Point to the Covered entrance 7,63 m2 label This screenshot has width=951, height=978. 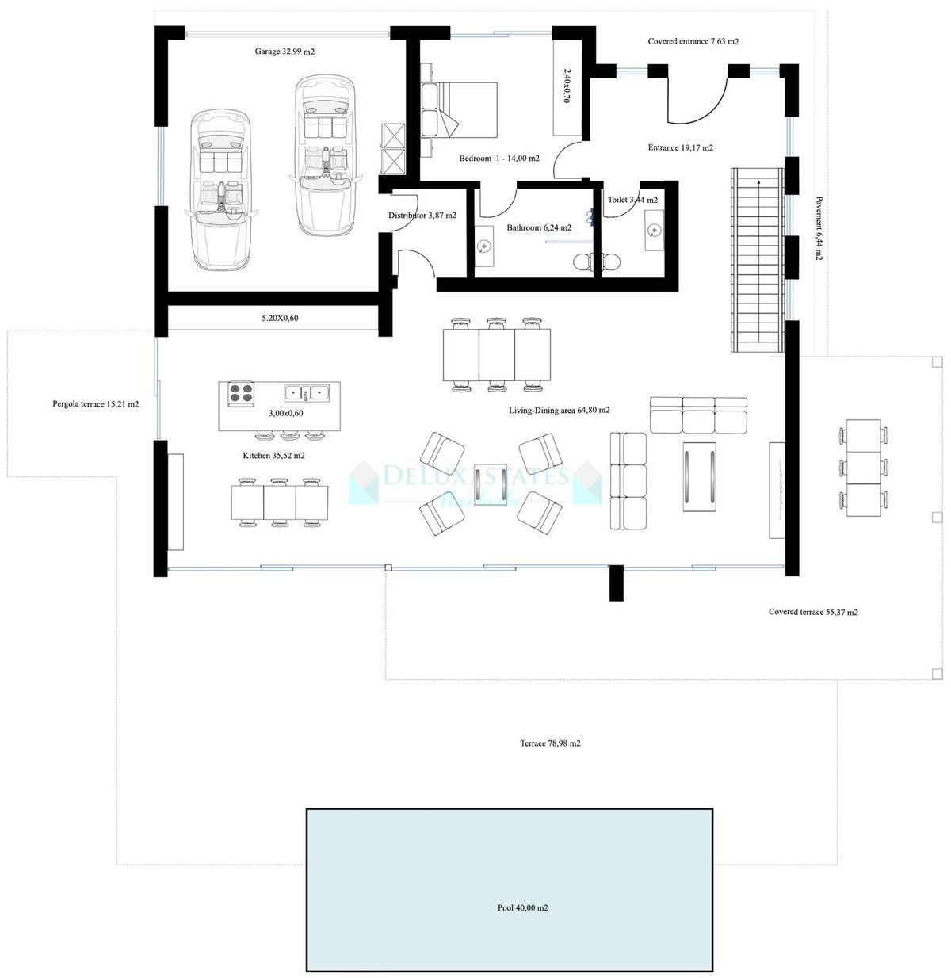coord(693,41)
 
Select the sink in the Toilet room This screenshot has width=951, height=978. coord(654,231)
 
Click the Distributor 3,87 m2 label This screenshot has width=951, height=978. coord(422,216)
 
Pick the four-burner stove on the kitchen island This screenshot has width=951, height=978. coord(241,394)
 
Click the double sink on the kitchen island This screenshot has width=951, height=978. coord(307,392)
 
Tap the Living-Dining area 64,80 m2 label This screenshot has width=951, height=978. coord(559,411)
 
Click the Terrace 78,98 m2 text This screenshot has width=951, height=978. coord(550,743)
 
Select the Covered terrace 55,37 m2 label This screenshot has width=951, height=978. coord(813,612)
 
